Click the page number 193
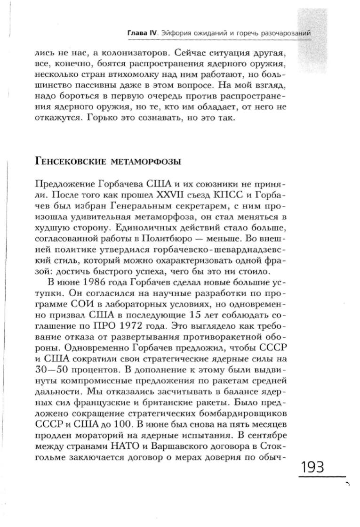(311, 468)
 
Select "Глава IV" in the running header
(142, 33)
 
